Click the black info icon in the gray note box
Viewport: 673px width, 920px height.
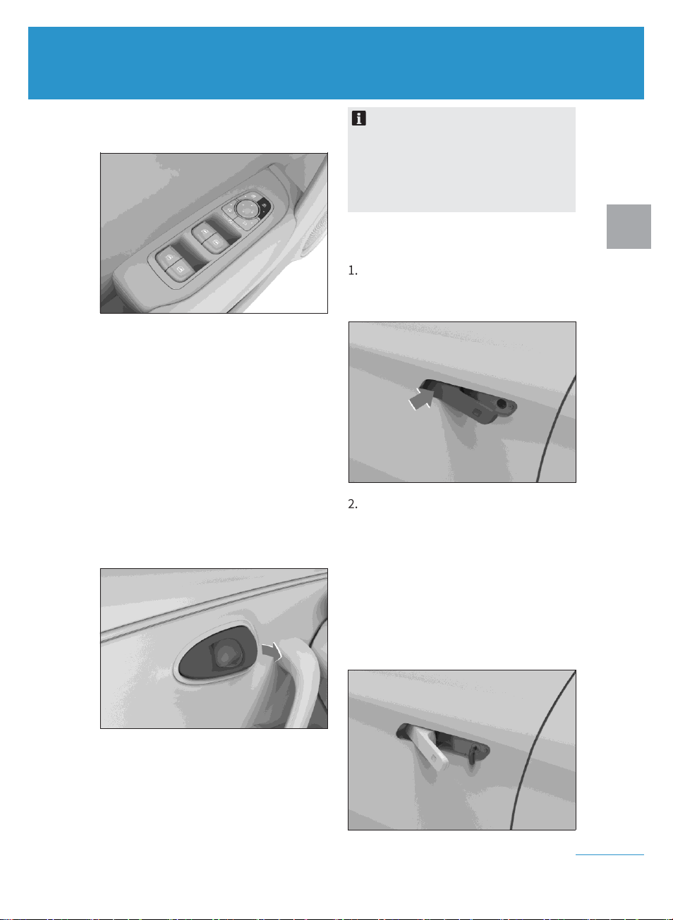(x=358, y=118)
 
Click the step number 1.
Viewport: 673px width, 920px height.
(x=353, y=271)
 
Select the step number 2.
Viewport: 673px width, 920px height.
(x=353, y=504)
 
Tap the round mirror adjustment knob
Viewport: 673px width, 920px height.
(x=245, y=209)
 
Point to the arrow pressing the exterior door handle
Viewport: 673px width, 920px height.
(x=421, y=399)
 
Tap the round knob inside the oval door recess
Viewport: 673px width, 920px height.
(x=225, y=656)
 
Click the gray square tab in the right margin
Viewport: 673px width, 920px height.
(x=629, y=226)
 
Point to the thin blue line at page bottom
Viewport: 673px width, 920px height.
(x=610, y=855)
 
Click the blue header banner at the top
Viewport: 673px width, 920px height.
(x=336, y=63)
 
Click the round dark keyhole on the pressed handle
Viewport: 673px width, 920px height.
(x=502, y=403)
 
